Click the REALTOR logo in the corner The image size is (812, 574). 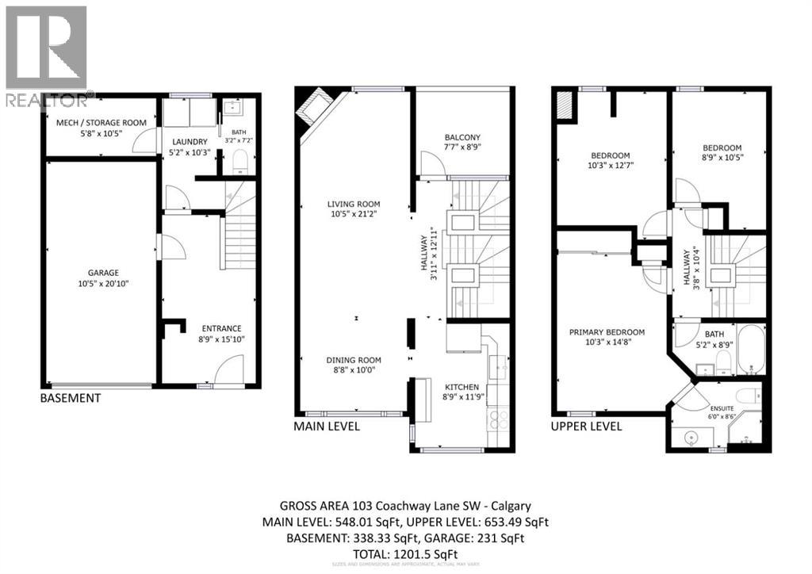(46, 55)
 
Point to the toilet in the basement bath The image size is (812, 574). (240, 165)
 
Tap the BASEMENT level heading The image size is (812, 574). (71, 398)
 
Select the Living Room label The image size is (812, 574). (354, 204)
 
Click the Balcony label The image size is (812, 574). (462, 137)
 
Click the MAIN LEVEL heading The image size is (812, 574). (327, 427)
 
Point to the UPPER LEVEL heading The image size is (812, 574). (586, 427)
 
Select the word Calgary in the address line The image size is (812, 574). (511, 506)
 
